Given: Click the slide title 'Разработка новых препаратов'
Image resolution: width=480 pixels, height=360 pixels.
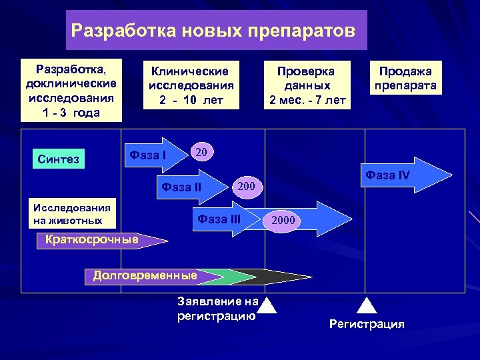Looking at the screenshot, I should [216, 31].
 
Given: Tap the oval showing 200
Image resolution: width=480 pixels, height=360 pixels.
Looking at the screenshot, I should [247, 185].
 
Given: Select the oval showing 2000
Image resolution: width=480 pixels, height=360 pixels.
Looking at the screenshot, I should [283, 221].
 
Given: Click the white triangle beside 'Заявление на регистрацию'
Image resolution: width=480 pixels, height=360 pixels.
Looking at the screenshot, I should [267, 305].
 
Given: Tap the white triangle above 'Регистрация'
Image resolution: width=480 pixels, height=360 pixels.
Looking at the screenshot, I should [368, 305].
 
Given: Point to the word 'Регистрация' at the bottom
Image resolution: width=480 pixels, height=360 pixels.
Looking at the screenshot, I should [367, 325].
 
